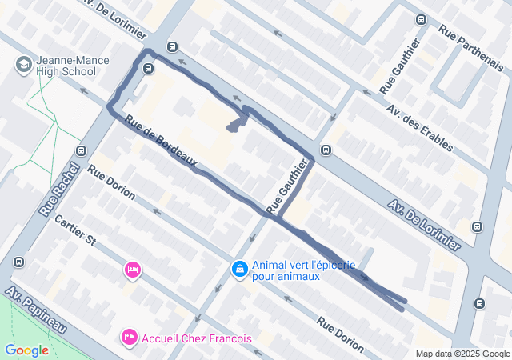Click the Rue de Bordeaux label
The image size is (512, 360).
coord(161,144)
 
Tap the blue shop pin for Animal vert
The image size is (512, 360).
coord(238,270)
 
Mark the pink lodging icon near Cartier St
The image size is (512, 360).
coord(133,270)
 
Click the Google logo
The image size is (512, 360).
coord(26,350)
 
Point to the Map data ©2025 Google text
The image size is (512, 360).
coord(462,354)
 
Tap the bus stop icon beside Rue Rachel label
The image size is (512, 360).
coord(80,151)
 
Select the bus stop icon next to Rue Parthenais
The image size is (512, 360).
coord(421,19)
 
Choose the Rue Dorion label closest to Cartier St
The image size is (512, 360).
coord(112,183)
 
